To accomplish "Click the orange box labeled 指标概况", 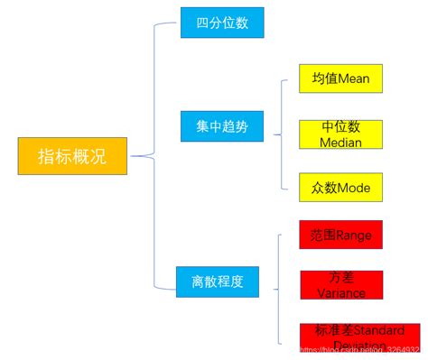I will (x=72, y=156).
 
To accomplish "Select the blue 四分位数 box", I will (x=221, y=23).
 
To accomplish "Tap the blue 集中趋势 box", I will (x=221, y=126).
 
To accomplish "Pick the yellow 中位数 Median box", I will (x=340, y=134).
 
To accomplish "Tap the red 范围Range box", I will (x=340, y=235).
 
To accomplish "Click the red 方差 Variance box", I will (x=341, y=284).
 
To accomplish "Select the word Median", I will (x=340, y=143).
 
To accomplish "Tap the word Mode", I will (x=353, y=187).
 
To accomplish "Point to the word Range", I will (x=353, y=235).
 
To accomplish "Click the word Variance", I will (x=341, y=292).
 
